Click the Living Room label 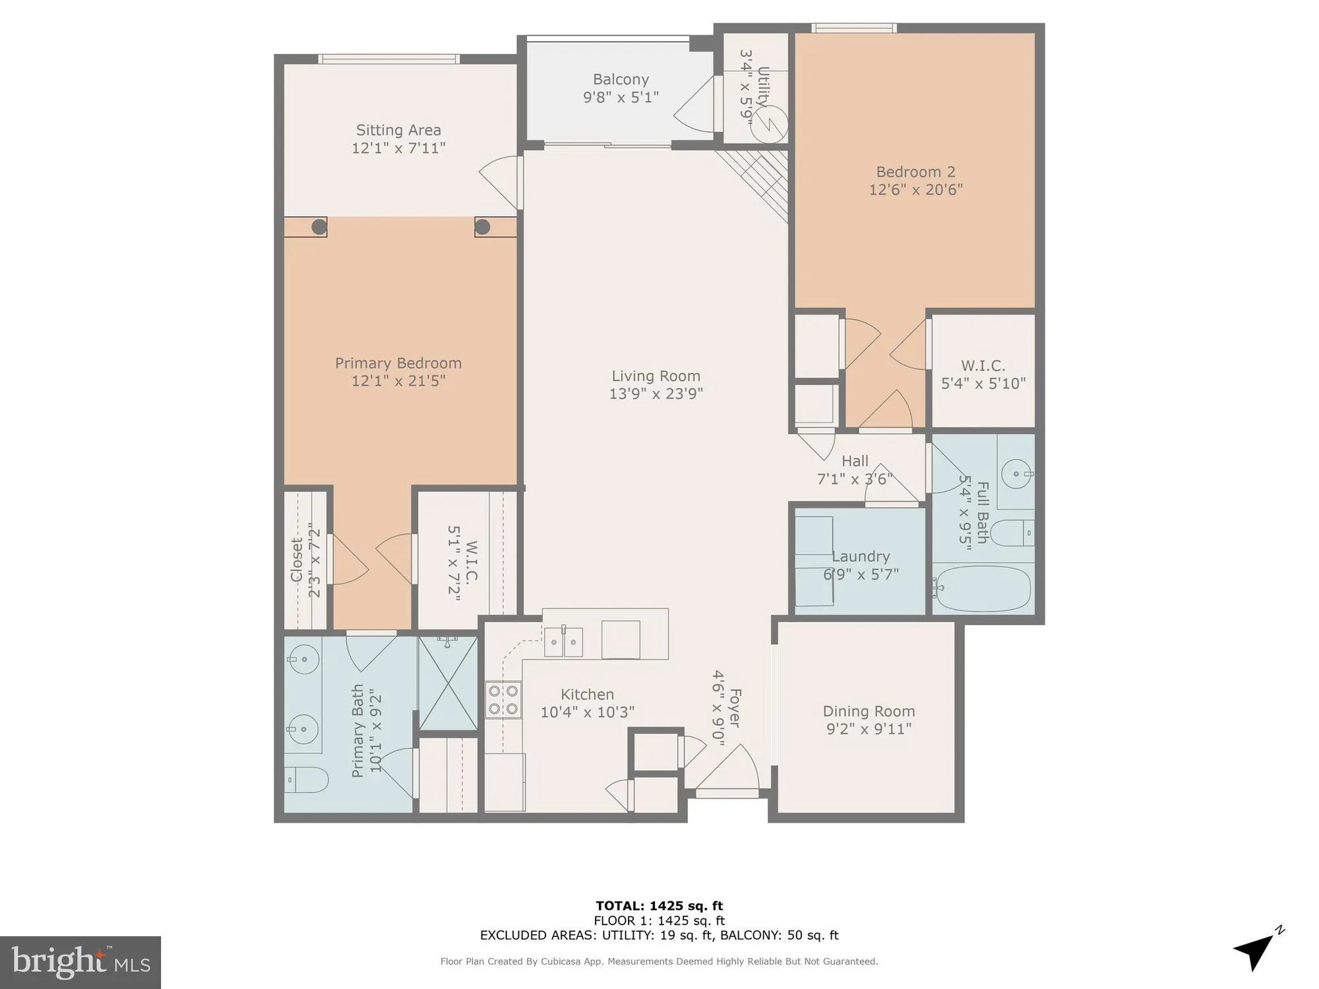pos(656,376)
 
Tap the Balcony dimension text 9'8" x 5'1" pos(621,98)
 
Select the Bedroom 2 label pos(915,172)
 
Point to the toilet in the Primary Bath pos(307,781)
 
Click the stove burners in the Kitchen pos(503,700)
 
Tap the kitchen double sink pos(563,642)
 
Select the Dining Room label pos(869,711)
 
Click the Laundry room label pos(861,556)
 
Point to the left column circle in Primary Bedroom pos(319,227)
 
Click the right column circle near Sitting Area pos(482,227)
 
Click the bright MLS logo pos(80,962)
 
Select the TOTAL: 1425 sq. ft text pos(659,906)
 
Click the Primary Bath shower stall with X pos(448,683)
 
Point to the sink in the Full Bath pos(1016,473)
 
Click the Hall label pos(855,461)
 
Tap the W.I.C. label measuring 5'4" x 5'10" pos(983,365)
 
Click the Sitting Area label pos(398,131)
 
